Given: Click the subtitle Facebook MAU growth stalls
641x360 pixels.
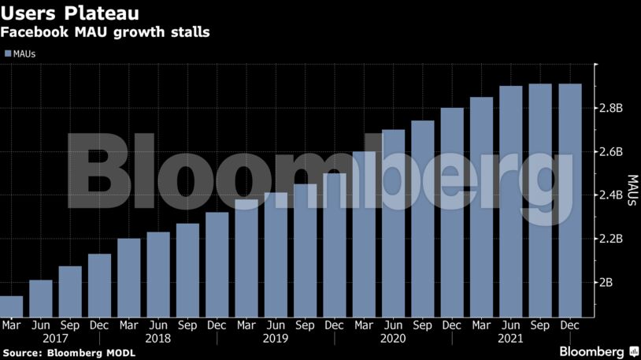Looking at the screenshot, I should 104,34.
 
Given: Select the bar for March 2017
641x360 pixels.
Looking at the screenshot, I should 11,306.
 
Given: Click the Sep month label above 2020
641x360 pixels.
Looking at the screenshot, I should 422,325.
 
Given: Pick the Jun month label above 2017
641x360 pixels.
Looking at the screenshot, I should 40,325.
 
